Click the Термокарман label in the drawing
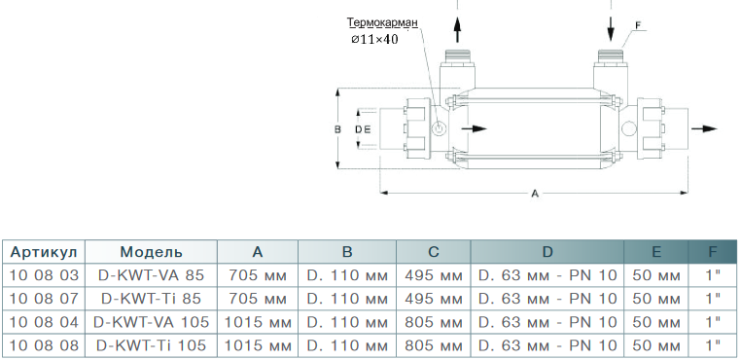pyautogui.click(x=382, y=22)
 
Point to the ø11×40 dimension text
pyautogui.click(x=374, y=39)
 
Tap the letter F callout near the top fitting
pyautogui.click(x=639, y=25)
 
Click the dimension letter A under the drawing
pyautogui.click(x=535, y=193)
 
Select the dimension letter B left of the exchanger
pyautogui.click(x=337, y=129)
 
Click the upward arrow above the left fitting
pyautogui.click(x=457, y=30)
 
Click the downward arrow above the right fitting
pyautogui.click(x=611, y=28)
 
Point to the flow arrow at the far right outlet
pyautogui.click(x=704, y=128)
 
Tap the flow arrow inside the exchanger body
pyautogui.click(x=474, y=128)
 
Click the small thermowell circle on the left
pyautogui.click(x=439, y=128)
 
